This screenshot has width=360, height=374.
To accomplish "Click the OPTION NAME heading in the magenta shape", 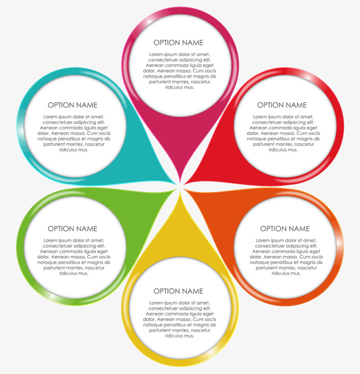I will point(178,43).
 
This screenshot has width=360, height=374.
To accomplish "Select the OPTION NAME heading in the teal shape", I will point(73,105).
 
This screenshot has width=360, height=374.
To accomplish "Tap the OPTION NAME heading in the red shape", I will point(282,105).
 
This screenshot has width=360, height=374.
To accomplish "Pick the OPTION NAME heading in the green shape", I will point(73,228).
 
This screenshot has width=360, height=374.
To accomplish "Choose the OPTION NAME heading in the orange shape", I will point(285,228).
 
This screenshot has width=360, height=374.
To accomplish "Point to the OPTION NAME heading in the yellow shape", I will point(178,291).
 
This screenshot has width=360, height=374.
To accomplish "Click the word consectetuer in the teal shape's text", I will point(59,122).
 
